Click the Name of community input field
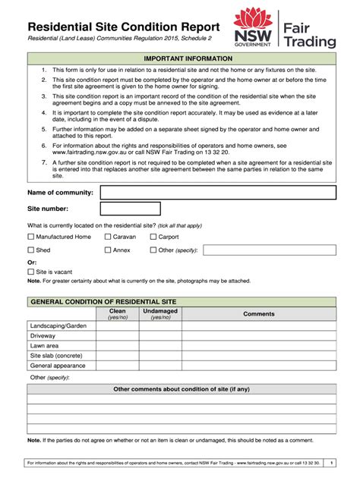[218, 193]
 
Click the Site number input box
[131, 209]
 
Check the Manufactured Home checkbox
[30, 237]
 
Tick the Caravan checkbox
[107, 237]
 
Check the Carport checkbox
[153, 237]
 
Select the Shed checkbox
[30, 250]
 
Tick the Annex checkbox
[107, 250]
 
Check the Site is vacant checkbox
[30, 271]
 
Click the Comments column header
[258, 314]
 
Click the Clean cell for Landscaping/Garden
[118, 326]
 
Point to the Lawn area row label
[44, 346]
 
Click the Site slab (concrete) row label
[55, 355]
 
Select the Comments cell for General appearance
[258, 365]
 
